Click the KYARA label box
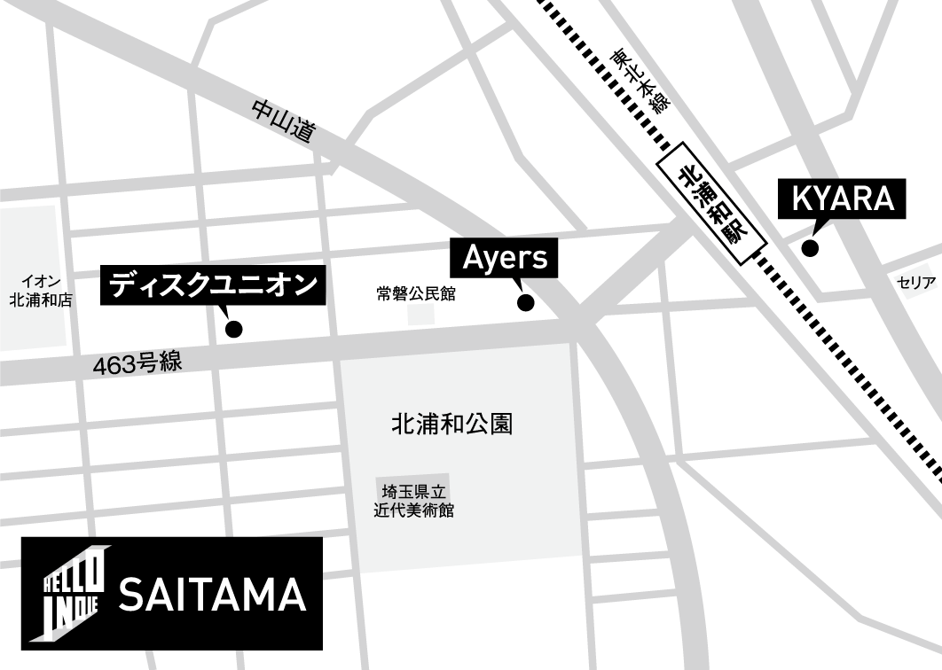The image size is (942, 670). [x=843, y=199]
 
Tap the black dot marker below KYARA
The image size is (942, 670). [x=811, y=248]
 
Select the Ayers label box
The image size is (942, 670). [x=506, y=259]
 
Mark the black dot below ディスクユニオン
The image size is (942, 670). [x=234, y=330]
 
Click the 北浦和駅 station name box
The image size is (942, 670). [x=711, y=203]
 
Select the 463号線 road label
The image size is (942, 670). [x=137, y=362]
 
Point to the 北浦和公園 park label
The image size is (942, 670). [x=451, y=424]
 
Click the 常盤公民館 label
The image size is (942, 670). [x=415, y=293]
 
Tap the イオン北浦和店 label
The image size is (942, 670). [x=40, y=291]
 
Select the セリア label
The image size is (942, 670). [x=915, y=283]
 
